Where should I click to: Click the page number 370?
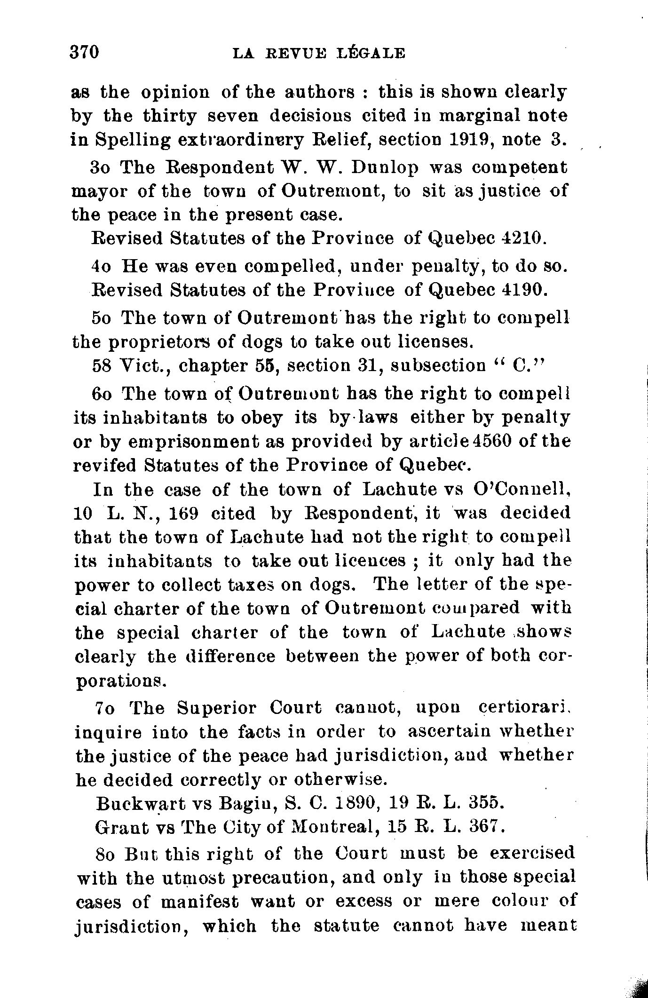[x=85, y=52]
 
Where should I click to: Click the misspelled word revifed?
[x=105, y=466]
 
